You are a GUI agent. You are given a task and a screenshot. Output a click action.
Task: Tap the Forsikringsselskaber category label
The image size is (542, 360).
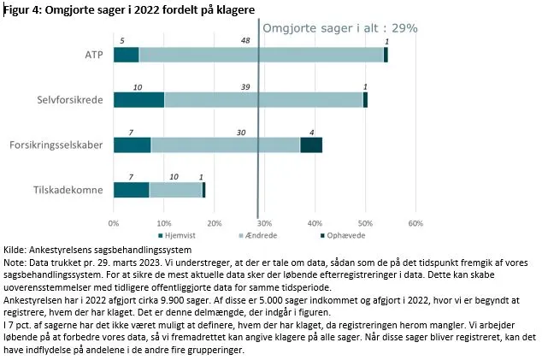[63, 145]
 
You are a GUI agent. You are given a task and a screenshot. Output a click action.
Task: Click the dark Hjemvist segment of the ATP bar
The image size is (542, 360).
[126, 55]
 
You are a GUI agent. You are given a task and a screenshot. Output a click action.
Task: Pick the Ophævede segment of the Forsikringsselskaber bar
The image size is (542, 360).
[311, 145]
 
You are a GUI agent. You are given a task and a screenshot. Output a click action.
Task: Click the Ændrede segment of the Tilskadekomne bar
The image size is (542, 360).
[175, 190]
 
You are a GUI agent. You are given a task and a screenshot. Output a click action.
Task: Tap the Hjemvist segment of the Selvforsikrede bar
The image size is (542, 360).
[138, 99]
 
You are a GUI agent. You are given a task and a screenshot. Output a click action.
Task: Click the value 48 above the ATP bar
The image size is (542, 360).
[245, 40]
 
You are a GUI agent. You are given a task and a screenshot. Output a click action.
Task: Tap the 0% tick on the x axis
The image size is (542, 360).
[114, 222]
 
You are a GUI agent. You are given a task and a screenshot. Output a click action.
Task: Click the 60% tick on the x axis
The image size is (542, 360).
[415, 222]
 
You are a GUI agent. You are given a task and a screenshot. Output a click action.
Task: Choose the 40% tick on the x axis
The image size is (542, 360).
[315, 222]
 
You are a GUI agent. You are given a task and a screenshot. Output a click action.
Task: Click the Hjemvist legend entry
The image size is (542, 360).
[176, 235]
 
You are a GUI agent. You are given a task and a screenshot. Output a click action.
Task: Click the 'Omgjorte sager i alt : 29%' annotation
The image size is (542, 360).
[339, 27]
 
